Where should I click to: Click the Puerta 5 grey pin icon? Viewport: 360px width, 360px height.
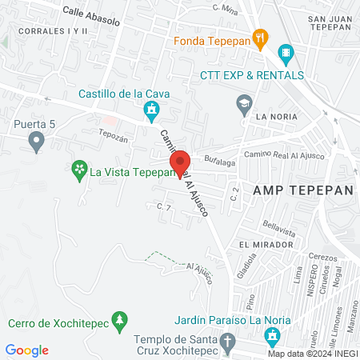click(35, 142)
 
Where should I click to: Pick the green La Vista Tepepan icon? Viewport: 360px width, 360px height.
click(78, 170)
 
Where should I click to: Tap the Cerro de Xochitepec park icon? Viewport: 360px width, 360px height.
click(119, 322)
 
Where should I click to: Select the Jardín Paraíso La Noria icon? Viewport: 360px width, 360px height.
click(273, 336)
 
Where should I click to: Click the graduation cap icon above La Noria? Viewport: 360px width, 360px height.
click(243, 102)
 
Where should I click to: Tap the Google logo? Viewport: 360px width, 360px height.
click(27, 350)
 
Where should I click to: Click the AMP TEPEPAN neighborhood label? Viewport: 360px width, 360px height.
click(291, 190)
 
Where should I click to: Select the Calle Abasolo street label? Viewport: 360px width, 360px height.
click(90, 13)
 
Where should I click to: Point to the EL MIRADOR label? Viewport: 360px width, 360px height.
click(262, 243)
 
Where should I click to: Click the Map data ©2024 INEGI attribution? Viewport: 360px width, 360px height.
click(312, 354)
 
